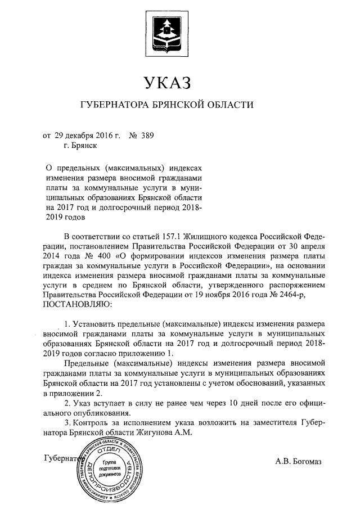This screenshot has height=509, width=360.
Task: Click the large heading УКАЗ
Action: [168, 83]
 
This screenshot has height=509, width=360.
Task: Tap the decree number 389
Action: [145, 135]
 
